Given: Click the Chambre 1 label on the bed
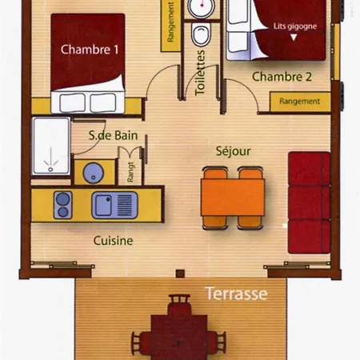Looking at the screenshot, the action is pyautogui.click(x=90, y=50).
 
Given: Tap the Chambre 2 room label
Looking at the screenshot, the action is pyautogui.click(x=282, y=77).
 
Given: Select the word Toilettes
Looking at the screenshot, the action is pyautogui.click(x=200, y=73).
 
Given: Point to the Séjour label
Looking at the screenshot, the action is pyautogui.click(x=234, y=151).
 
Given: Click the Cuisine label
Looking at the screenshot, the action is pyautogui.click(x=113, y=241).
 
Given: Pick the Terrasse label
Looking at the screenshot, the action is pyautogui.click(x=236, y=294).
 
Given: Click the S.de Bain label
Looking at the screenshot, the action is pyautogui.click(x=113, y=135).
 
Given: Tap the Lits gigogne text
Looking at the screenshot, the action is pyautogui.click(x=295, y=26).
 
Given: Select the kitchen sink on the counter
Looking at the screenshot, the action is pyautogui.click(x=114, y=206).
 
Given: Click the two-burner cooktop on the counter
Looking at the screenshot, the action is pyautogui.click(x=63, y=205).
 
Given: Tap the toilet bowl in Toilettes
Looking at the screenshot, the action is pyautogui.click(x=202, y=34).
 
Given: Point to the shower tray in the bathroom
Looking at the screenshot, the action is pyautogui.click(x=51, y=146).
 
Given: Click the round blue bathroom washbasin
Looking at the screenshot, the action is pyautogui.click(x=93, y=173).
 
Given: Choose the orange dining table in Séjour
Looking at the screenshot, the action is pyautogui.click(x=233, y=198).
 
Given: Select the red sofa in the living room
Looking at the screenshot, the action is pyautogui.click(x=310, y=202).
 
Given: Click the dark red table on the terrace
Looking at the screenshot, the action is pyautogui.click(x=179, y=337).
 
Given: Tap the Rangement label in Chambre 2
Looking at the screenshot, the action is pyautogui.click(x=300, y=102).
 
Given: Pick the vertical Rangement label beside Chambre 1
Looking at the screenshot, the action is pyautogui.click(x=170, y=22).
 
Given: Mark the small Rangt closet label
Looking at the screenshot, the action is pyautogui.click(x=130, y=172).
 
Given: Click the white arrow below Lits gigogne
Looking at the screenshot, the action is pyautogui.click(x=294, y=38).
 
